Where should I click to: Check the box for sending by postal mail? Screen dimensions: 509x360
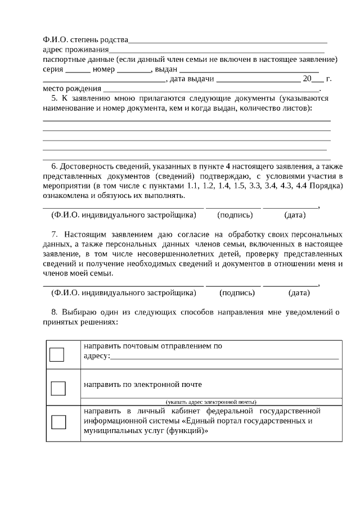(x=57, y=354)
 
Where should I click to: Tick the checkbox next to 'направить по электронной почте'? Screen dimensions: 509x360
(x=58, y=388)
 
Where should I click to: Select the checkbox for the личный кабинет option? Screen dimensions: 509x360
(x=58, y=422)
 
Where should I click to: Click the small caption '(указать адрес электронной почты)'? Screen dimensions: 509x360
(x=211, y=402)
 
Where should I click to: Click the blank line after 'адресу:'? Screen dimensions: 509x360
(x=224, y=356)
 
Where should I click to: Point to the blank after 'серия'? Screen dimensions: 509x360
(x=78, y=70)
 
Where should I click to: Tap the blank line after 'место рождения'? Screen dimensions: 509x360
(x=211, y=89)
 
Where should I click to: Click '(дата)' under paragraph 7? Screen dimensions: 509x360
(x=299, y=293)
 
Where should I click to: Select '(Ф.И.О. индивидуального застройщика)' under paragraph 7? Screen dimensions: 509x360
(x=124, y=293)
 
